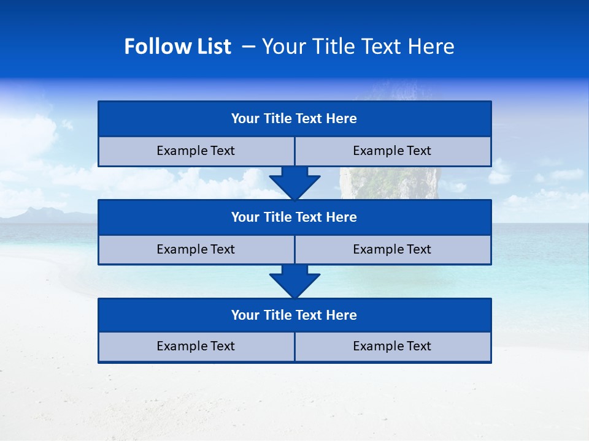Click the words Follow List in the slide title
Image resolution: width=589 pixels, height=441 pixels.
177,47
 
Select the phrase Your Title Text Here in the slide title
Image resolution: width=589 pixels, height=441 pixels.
358,47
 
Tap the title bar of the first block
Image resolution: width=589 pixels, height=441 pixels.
294,119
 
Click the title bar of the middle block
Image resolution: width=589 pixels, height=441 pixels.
294,217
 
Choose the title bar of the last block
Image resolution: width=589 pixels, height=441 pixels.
294,315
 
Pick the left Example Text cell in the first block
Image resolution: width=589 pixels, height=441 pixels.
196,151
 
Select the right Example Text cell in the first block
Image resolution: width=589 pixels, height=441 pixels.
392,151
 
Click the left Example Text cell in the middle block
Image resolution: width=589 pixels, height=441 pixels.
196,250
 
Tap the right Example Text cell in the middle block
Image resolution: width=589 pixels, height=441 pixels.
392,250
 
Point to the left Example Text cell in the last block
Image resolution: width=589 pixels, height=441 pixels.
196,347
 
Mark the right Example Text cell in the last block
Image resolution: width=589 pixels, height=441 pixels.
392,347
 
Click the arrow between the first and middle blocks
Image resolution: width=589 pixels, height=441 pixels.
294,183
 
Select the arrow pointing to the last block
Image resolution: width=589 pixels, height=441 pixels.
294,281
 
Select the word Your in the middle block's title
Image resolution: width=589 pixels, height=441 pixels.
245,217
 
